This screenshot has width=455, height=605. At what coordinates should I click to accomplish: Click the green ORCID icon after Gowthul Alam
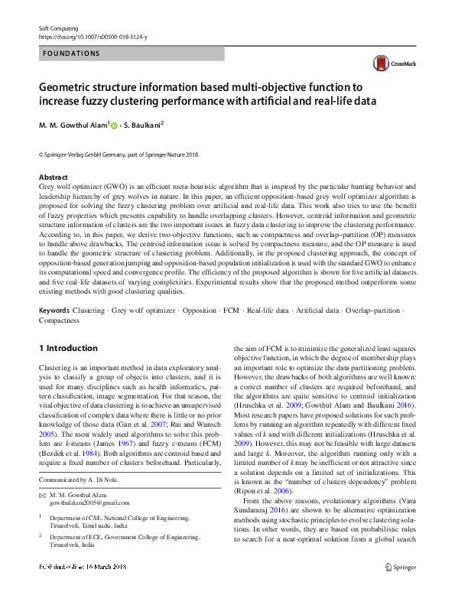click(x=115, y=124)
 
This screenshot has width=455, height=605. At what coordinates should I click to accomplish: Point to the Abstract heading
click(x=54, y=177)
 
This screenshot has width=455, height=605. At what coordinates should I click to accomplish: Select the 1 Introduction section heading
click(x=68, y=348)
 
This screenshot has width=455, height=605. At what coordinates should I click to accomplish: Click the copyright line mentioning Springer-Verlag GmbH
click(x=118, y=155)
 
